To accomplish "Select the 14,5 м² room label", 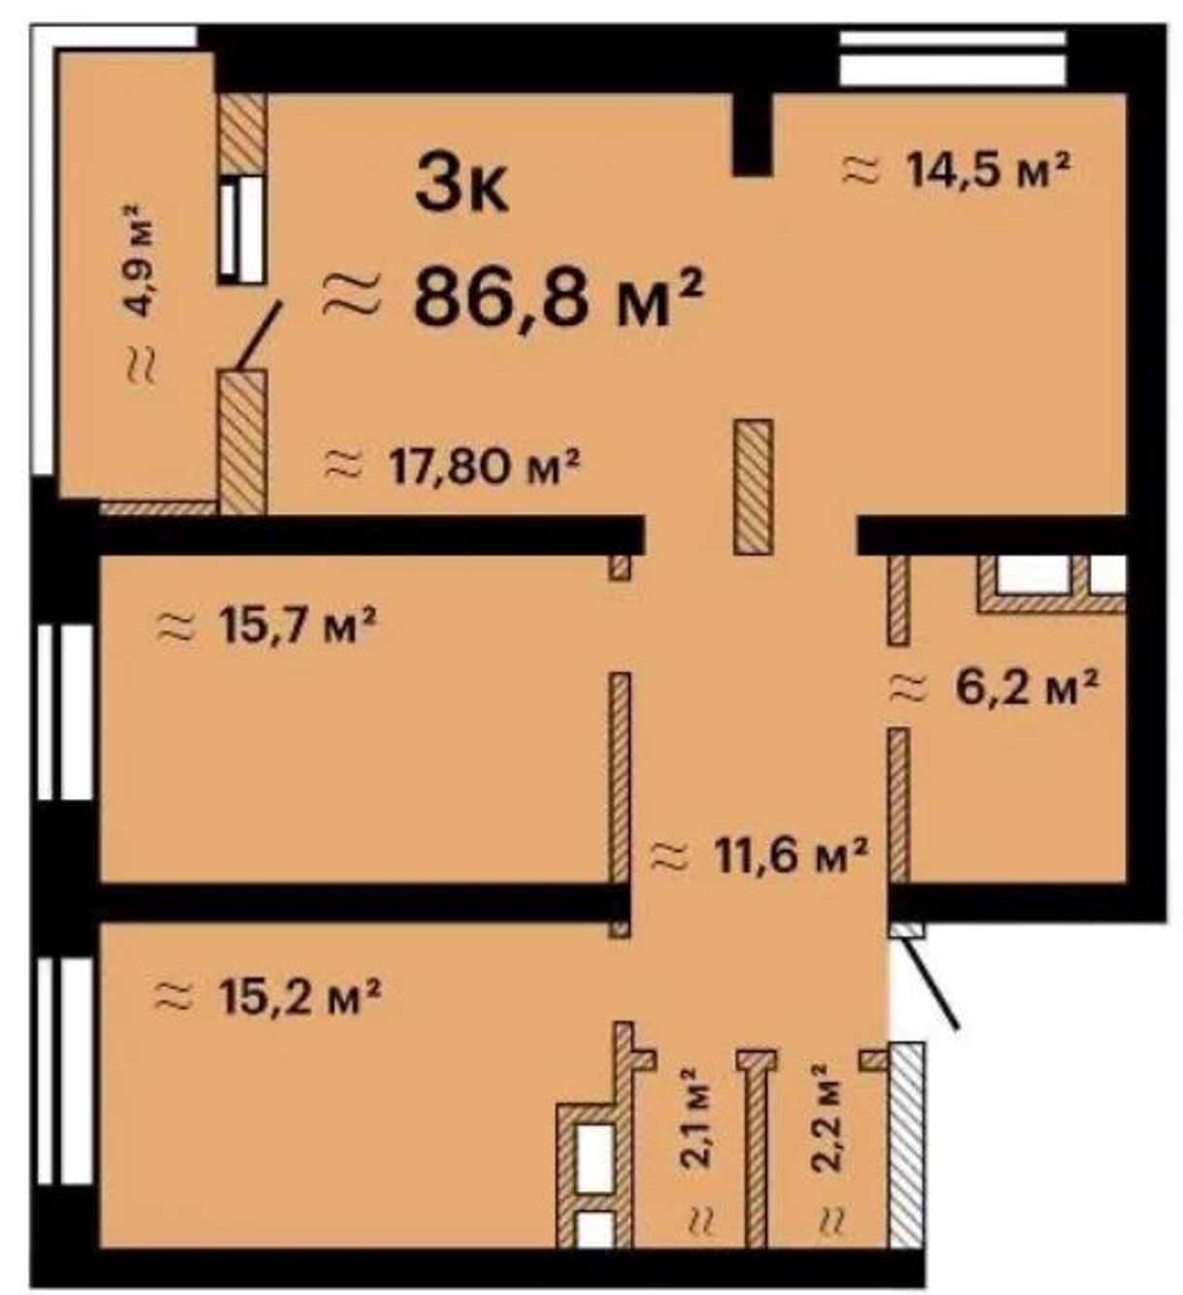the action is coord(957,170).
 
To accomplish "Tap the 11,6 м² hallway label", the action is coord(759,856).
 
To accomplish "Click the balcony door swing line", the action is coord(258,337).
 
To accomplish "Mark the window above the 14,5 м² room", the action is coord(952,57).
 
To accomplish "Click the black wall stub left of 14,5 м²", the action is coord(751,134).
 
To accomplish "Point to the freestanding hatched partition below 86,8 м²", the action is coord(753,486).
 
